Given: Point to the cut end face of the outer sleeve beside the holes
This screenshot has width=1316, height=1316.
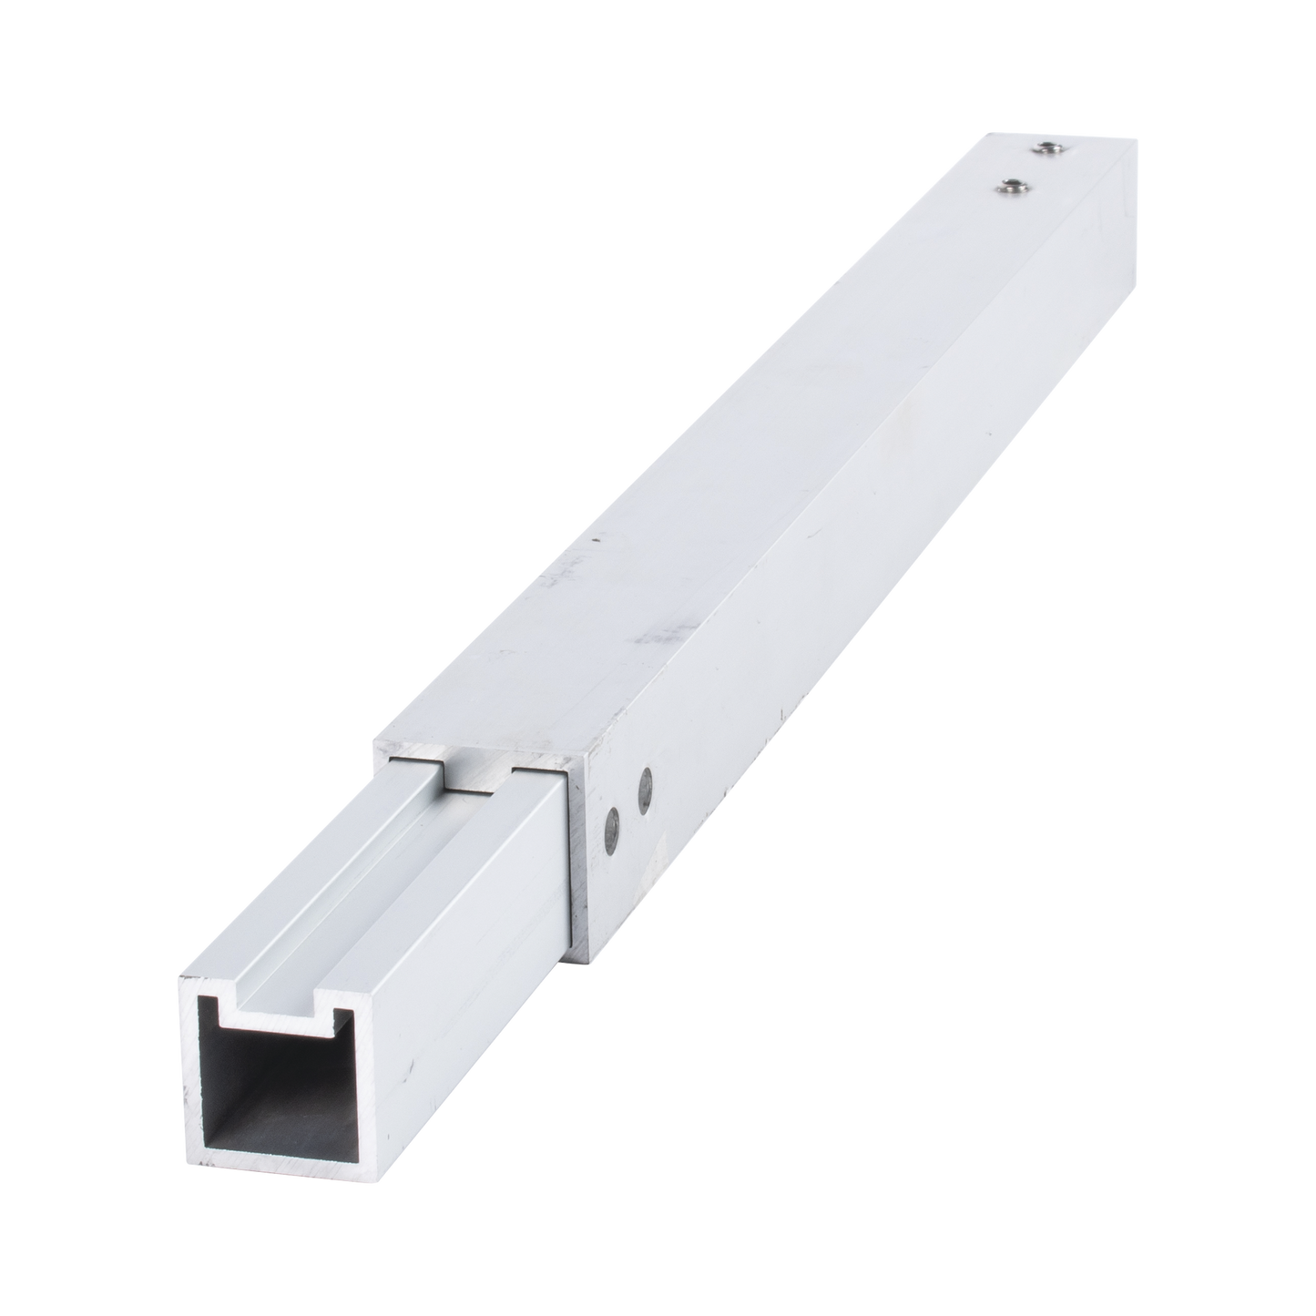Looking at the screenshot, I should [x=583, y=874].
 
